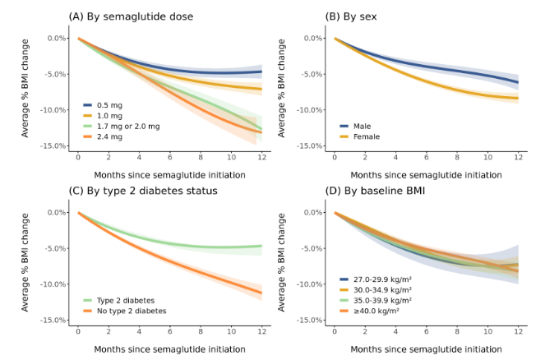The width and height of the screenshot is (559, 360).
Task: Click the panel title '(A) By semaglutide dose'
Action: click(x=131, y=16)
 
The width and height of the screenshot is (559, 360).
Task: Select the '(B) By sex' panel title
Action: click(x=351, y=16)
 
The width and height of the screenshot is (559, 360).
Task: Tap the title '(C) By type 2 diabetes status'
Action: click(x=143, y=191)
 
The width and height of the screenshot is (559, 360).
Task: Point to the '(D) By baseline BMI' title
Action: click(x=375, y=191)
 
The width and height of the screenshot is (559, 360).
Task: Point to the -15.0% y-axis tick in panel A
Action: click(x=53, y=145)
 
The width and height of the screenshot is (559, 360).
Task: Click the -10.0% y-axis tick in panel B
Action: click(x=309, y=110)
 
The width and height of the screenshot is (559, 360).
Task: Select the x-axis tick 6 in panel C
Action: click(x=170, y=331)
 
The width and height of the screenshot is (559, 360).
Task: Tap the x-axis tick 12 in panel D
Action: click(x=519, y=331)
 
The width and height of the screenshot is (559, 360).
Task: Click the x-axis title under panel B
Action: click(x=426, y=175)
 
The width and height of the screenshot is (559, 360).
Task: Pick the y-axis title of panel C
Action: click(x=25, y=262)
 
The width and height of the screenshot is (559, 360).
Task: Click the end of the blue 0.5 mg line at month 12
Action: click(x=262, y=72)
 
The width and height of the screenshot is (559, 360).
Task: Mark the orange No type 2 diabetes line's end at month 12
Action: click(x=262, y=293)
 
